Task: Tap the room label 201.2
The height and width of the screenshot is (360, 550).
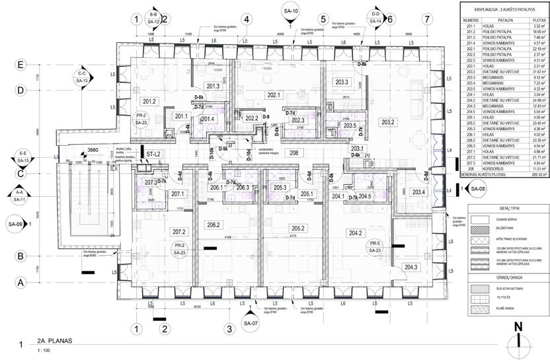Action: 149,101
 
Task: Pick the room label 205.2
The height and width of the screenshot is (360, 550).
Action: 298,229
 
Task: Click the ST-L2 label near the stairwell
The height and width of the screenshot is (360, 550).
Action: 154,154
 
